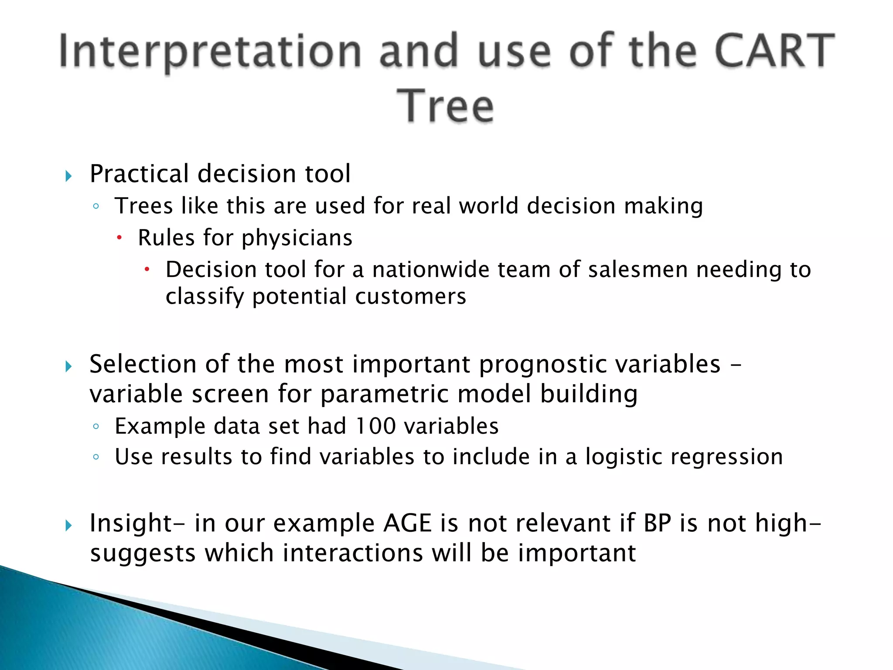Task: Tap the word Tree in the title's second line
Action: [x=446, y=106]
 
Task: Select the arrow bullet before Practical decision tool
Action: [x=68, y=176]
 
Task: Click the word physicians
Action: [x=297, y=238]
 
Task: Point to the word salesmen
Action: [x=638, y=270]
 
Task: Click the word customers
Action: [x=410, y=297]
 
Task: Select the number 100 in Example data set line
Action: [x=375, y=426]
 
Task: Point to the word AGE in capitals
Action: [x=407, y=523]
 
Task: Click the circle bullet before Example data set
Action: [x=96, y=427]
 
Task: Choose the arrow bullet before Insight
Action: [x=68, y=526]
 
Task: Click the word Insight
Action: [x=131, y=523]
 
